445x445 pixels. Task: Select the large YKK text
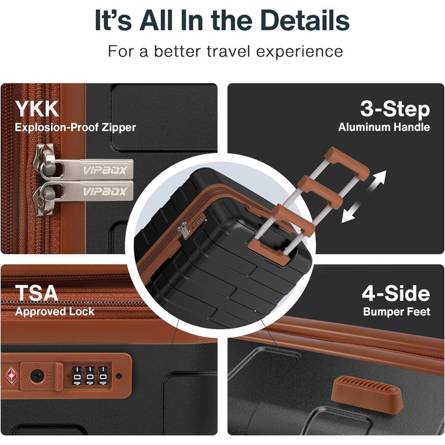37,109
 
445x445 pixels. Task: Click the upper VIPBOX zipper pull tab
93,170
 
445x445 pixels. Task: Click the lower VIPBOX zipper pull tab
93,191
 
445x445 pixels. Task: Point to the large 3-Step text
395,109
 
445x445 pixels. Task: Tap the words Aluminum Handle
384,127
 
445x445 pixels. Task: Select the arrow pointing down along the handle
352,212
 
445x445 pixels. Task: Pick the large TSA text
36,293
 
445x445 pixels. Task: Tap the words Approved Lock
55,311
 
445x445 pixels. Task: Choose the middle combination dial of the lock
90,376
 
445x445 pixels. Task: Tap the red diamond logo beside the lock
11,376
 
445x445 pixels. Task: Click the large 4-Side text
396,294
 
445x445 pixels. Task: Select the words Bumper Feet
397,311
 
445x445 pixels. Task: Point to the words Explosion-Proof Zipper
76,127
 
